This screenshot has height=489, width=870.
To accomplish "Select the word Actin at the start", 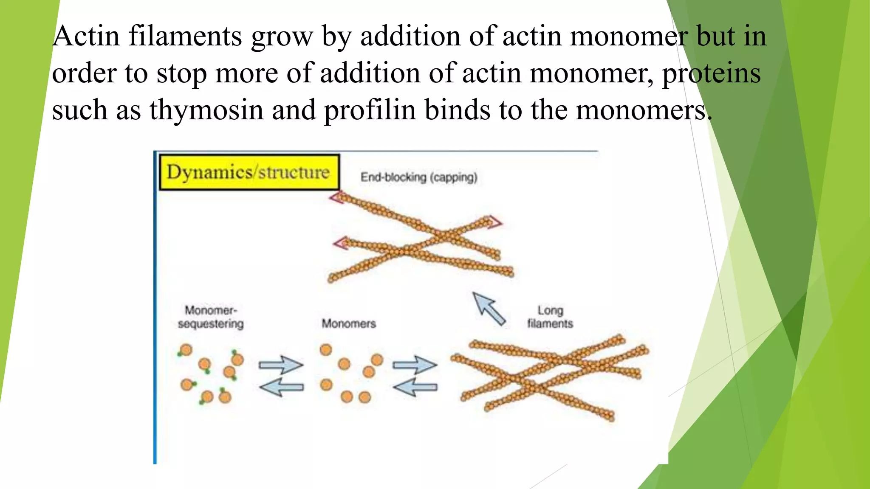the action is (x=86, y=36).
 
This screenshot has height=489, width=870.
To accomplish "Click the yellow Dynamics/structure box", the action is (x=249, y=172).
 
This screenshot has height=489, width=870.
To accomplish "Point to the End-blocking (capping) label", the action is (x=419, y=177).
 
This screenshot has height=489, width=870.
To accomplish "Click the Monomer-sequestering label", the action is (x=211, y=317).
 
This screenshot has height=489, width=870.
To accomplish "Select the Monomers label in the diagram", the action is (x=349, y=323).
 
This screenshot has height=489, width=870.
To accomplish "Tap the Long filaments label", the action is (x=550, y=317).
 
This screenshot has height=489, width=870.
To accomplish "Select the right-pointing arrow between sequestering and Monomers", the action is (x=281, y=365).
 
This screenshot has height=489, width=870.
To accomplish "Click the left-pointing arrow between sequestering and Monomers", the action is (x=282, y=387).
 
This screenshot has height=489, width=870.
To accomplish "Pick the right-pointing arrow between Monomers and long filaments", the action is (x=415, y=365).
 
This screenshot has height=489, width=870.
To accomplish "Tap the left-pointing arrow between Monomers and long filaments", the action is (x=415, y=387).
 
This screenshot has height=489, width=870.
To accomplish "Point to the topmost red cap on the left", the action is (x=336, y=197).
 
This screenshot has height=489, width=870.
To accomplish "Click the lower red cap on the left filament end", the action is (x=340, y=243).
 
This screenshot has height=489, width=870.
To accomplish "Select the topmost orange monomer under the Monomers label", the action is (x=326, y=350).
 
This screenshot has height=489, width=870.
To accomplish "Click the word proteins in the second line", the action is (x=712, y=73).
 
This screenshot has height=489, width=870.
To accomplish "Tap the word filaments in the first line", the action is (x=185, y=36).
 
